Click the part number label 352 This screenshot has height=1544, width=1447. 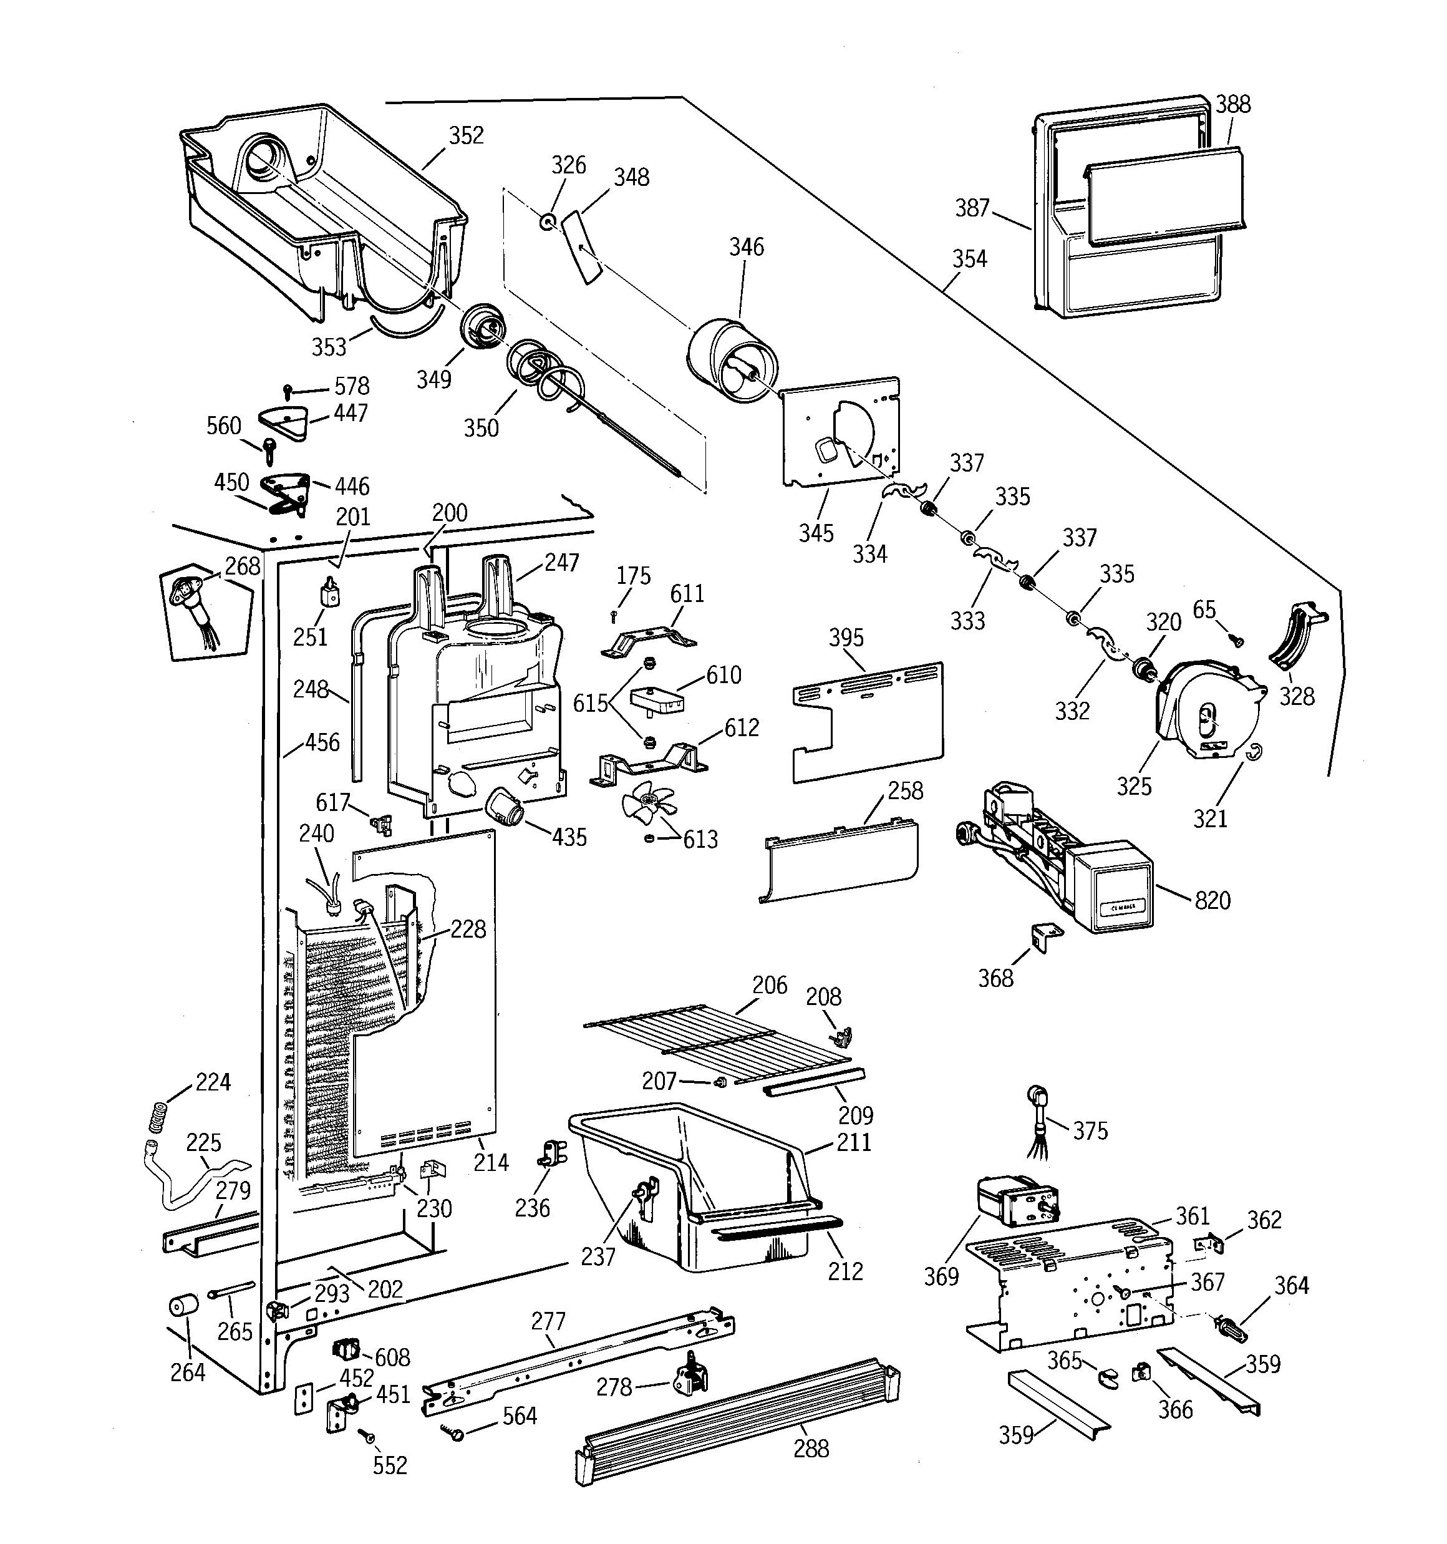[x=466, y=135]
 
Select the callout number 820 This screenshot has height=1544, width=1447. [x=1212, y=901]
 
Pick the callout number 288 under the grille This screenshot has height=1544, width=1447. [x=811, y=1449]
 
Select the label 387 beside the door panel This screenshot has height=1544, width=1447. [x=972, y=208]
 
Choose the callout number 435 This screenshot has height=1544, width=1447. [x=569, y=837]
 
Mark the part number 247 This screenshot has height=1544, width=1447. [x=561, y=562]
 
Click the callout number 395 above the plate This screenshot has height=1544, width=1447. [x=846, y=638]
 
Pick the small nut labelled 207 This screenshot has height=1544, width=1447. [x=719, y=1082]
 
